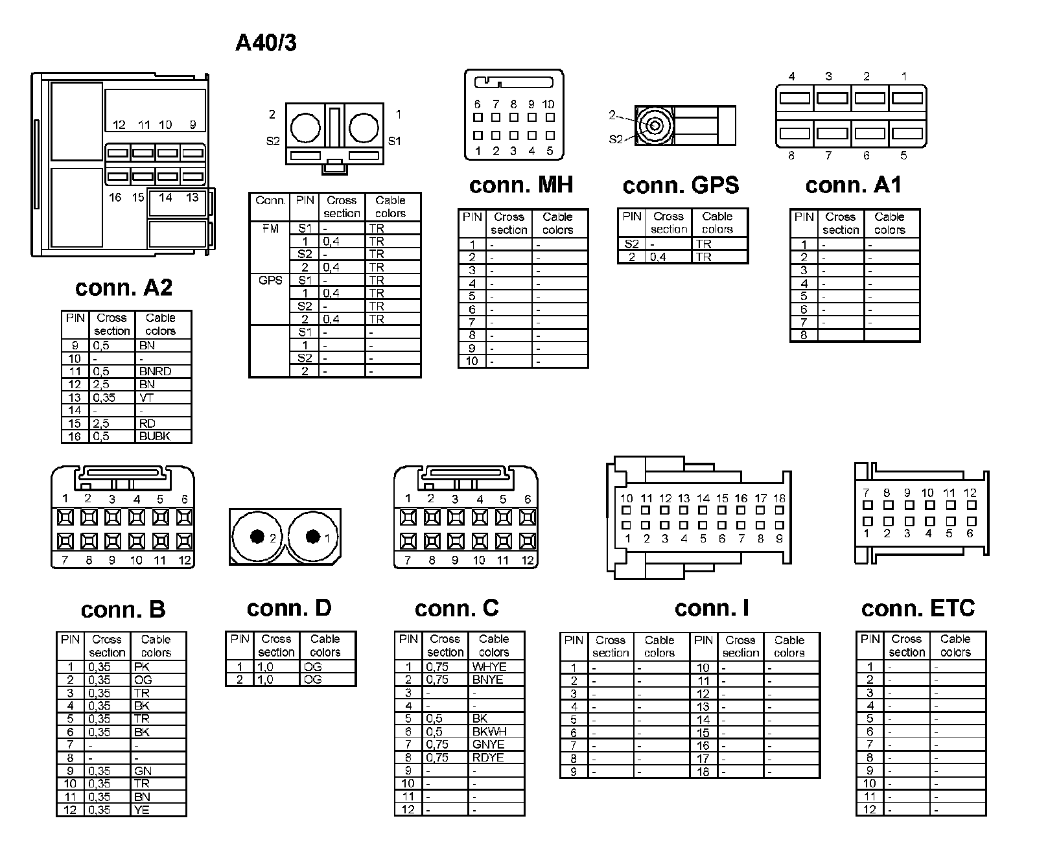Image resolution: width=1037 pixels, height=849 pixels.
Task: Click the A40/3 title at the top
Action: pos(266,43)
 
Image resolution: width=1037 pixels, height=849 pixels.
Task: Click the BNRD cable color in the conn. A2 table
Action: pos(155,371)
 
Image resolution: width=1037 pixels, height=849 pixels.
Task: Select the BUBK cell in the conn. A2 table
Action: pos(154,436)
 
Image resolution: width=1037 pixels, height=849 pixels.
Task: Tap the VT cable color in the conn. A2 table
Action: pos(146,397)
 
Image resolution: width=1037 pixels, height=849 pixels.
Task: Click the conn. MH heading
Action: pos(521,185)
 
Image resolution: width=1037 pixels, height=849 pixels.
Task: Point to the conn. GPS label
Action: pos(681,185)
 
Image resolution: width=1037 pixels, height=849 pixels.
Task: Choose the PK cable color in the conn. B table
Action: pos(142,666)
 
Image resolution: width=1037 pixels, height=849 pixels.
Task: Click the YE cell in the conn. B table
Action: pos(141,809)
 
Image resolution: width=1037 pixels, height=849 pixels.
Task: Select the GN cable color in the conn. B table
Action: pos(143,771)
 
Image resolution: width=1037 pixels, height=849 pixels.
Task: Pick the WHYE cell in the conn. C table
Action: pos(489,666)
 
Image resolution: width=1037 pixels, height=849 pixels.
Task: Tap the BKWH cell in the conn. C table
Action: pos(489,731)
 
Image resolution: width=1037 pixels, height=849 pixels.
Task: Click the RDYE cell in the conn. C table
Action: pos(488,757)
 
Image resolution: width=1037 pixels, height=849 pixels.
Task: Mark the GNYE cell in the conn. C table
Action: pos(488,744)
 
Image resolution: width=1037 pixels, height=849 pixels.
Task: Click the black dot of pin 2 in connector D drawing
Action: pos(257,537)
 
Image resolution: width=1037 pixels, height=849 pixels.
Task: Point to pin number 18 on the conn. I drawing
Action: pos(779,498)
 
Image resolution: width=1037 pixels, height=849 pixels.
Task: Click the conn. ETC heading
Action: pos(918,608)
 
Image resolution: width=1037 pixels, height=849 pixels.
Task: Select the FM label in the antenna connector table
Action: pos(270,228)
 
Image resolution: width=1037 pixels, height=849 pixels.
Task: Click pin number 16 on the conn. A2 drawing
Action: pos(115,197)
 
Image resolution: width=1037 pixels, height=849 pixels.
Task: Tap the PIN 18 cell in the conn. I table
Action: pos(703,771)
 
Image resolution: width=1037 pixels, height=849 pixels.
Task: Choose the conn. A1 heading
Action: pos(853,185)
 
